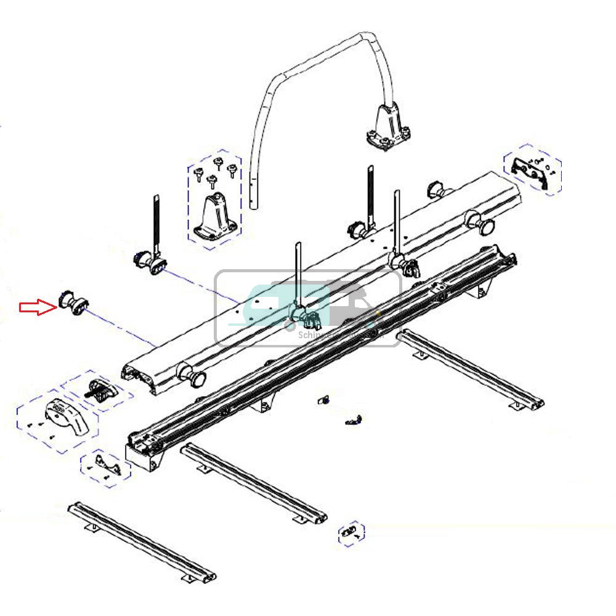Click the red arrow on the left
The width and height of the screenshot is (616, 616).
click(37, 307)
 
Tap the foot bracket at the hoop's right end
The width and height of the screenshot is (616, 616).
click(387, 131)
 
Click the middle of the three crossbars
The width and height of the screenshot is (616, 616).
click(253, 481)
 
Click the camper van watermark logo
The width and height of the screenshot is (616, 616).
click(308, 308)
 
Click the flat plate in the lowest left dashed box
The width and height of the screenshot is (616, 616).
click(106, 467)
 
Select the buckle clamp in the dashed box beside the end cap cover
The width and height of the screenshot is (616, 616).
click(100, 390)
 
